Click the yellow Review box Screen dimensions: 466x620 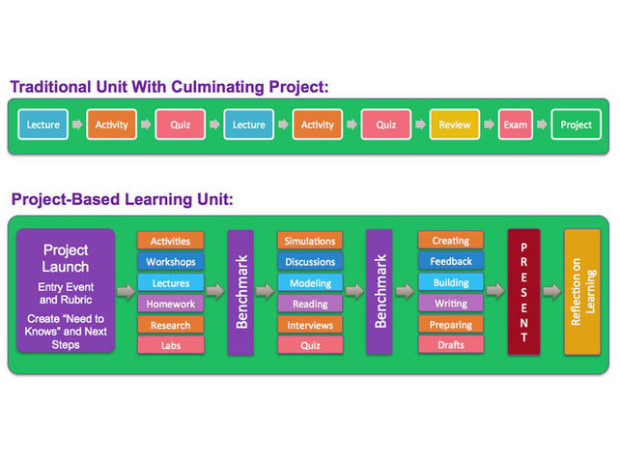coord(454,125)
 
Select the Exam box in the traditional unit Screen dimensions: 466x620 coord(515,125)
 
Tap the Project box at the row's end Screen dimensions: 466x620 coord(576,125)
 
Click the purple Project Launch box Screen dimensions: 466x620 coord(66,292)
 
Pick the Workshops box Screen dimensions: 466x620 coord(171,262)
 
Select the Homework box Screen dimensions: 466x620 coord(171,304)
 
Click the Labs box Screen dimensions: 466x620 coord(171,345)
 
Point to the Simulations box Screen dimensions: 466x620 coord(310,241)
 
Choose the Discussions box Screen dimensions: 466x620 coord(310,262)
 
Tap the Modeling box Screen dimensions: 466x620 coord(310,283)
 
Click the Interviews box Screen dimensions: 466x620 coord(310,325)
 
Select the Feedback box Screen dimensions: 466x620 coord(450,262)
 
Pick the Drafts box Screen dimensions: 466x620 coord(450,345)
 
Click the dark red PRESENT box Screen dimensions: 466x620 coord(523,292)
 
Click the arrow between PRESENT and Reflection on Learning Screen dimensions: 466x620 coord(550,292)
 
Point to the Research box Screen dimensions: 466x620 coord(171,325)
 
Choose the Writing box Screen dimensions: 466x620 coord(450,304)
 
